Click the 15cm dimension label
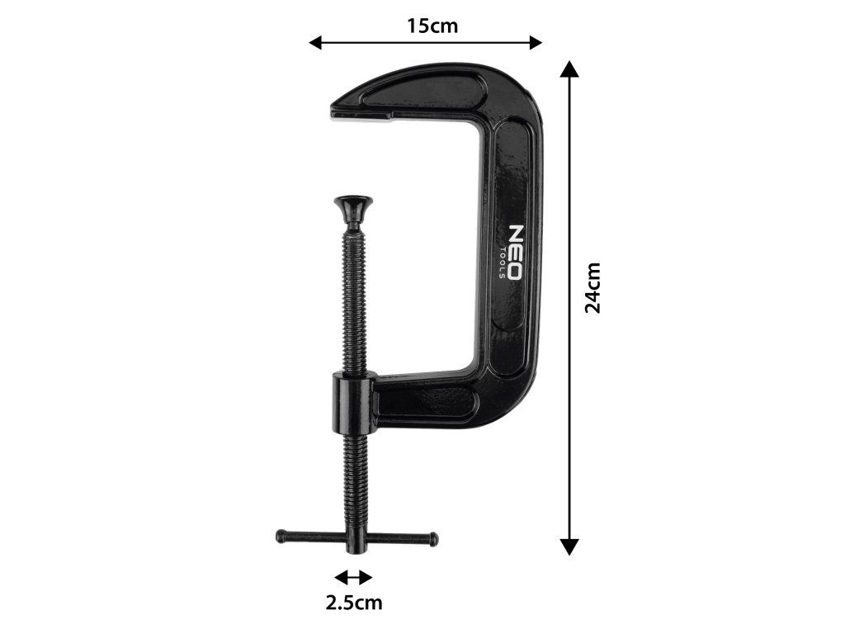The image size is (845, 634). click(432, 26)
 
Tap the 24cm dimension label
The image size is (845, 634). click(592, 287)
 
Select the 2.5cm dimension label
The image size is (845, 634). click(353, 602)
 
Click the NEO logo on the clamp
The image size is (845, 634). click(514, 253)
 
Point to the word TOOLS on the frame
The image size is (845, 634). click(502, 263)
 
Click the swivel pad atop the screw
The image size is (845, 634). click(353, 207)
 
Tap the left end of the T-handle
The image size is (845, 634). click(281, 537)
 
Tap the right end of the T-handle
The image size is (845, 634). click(433, 539)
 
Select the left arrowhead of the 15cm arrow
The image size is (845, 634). click(314, 43)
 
